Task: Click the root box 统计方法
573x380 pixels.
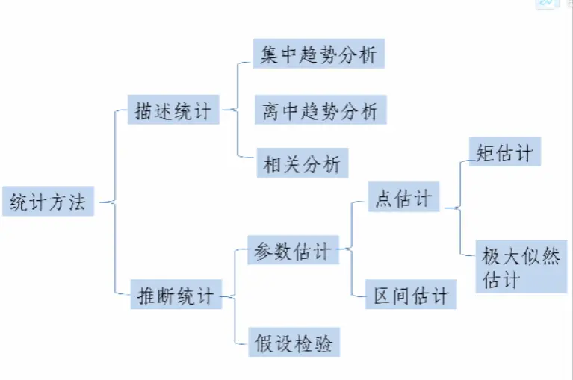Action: tap(49, 202)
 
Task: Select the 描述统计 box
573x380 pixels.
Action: tap(173, 110)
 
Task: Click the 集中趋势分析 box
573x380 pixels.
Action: tap(319, 54)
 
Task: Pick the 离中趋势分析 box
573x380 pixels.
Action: tap(320, 111)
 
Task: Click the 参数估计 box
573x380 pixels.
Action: tap(291, 251)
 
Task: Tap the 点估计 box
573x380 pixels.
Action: tap(403, 199)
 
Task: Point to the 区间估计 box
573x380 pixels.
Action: tap(411, 296)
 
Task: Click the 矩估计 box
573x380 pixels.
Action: tap(504, 152)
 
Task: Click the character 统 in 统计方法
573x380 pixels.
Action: tap(19, 202)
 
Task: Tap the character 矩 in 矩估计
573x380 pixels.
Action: tap(486, 152)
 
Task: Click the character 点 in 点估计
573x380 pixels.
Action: tap(384, 199)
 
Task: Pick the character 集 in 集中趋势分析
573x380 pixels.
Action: tap(270, 54)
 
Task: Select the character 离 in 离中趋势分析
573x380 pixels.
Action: tap(270, 112)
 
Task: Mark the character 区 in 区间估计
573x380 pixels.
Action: tap(382, 296)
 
